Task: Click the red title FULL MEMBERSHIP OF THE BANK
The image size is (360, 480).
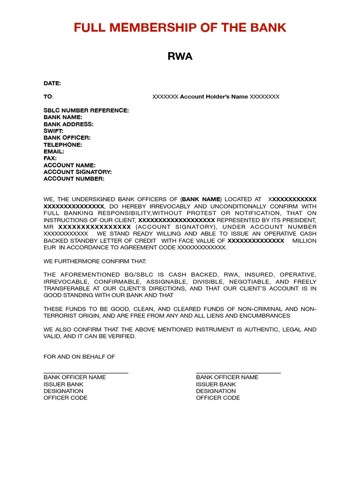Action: click(x=180, y=28)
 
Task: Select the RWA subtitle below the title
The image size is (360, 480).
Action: click(x=180, y=57)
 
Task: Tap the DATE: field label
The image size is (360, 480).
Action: click(x=52, y=83)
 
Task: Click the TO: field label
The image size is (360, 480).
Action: click(x=48, y=97)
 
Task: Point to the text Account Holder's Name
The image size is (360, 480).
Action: click(x=214, y=97)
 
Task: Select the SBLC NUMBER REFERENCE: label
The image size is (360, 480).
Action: click(x=86, y=111)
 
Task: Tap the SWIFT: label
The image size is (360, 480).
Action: click(x=53, y=131)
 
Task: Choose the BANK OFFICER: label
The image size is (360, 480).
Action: click(x=67, y=138)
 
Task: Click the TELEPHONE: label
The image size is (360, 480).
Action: click(x=63, y=145)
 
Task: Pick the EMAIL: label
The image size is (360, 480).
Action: click(x=54, y=151)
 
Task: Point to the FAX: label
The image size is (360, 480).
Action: click(x=50, y=158)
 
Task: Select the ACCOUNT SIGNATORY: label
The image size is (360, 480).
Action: click(x=78, y=172)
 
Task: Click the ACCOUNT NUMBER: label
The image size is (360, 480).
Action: click(x=74, y=179)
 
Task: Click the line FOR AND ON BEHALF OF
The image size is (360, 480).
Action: click(x=79, y=357)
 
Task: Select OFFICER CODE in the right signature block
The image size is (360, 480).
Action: click(x=218, y=398)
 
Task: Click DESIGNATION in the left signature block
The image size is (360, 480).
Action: click(x=63, y=391)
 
